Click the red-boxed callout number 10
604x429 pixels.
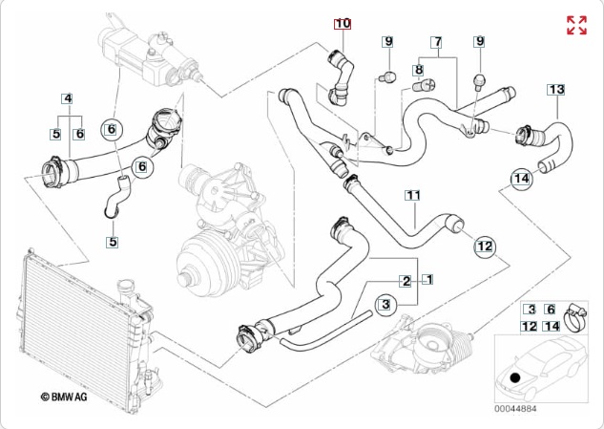point(343,23)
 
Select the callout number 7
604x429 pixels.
point(436,42)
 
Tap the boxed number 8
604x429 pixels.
point(418,70)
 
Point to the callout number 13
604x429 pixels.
point(556,89)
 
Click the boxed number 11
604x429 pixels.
point(412,196)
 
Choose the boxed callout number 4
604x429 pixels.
point(68,98)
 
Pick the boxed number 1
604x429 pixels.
point(428,280)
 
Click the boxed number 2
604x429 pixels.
point(406,281)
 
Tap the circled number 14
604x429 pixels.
point(521,179)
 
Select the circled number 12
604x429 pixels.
point(485,247)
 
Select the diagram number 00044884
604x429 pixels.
point(515,408)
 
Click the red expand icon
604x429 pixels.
point(576,25)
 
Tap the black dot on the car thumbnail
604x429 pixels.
point(515,377)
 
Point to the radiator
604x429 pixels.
point(66,315)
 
